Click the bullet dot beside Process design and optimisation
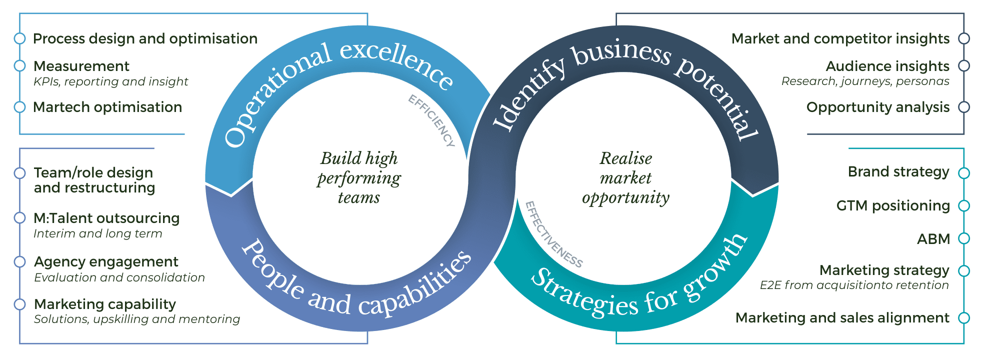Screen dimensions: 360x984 tap(19, 38)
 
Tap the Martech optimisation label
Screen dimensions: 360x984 tap(107, 107)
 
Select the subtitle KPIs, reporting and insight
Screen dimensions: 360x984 tap(110, 81)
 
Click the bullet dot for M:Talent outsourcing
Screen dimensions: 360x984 tap(19, 218)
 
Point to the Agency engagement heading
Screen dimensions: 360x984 tap(106, 261)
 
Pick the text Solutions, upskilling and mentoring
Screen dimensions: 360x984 tap(137, 319)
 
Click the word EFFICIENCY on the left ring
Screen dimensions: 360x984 tap(431, 120)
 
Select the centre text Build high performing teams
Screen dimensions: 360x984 tap(359, 178)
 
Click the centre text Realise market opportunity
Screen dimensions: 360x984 tap(625, 178)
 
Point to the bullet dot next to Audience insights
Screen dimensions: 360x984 tap(964, 66)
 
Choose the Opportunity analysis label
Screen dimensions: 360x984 tap(877, 107)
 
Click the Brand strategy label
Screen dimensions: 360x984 tap(898, 171)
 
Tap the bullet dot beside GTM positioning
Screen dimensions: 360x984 tap(964, 205)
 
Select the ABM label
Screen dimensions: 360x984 tap(933, 239)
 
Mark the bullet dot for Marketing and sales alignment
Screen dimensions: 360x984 tap(964, 318)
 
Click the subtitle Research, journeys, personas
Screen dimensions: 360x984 tap(865, 81)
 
